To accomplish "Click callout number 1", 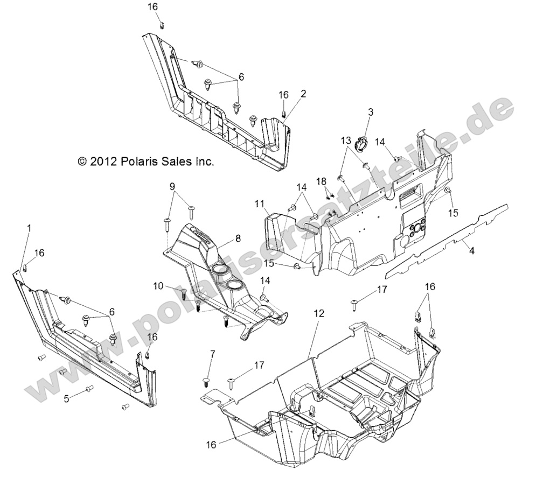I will coord(29,228).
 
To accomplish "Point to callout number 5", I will coord(66,398).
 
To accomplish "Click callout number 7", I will coord(212,354).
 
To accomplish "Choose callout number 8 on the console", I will coord(222,237).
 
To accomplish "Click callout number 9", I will coord(172,187).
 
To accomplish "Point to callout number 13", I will coord(345,141).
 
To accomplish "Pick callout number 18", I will coord(322,181).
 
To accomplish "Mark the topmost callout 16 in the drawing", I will coord(152,6).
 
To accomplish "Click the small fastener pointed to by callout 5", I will coord(89,388).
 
